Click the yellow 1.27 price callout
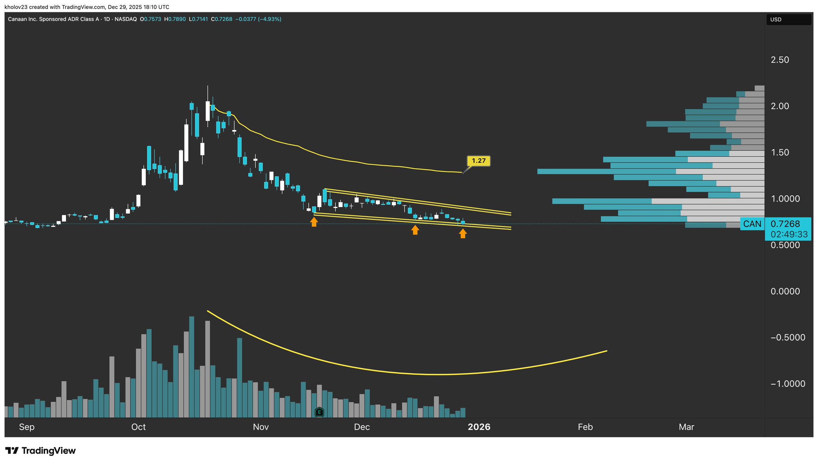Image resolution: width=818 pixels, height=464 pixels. tap(478, 161)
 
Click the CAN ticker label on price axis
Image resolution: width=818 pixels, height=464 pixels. tap(752, 224)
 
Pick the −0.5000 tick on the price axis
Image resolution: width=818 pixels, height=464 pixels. tap(785, 338)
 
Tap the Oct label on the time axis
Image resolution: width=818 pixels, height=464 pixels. tap(139, 427)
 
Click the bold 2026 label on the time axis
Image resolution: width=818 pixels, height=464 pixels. tap(479, 427)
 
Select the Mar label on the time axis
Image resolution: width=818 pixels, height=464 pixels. tap(686, 427)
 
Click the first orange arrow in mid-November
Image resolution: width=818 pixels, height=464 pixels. tap(314, 222)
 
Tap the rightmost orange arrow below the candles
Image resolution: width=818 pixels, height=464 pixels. tap(463, 233)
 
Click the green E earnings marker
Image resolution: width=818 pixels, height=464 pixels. tap(319, 412)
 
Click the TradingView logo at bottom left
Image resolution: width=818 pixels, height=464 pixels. tap(40, 451)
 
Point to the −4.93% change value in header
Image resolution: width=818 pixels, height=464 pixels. tap(270, 19)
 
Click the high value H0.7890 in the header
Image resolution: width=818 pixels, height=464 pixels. tap(175, 19)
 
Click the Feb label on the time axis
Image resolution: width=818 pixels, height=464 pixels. tap(585, 427)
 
